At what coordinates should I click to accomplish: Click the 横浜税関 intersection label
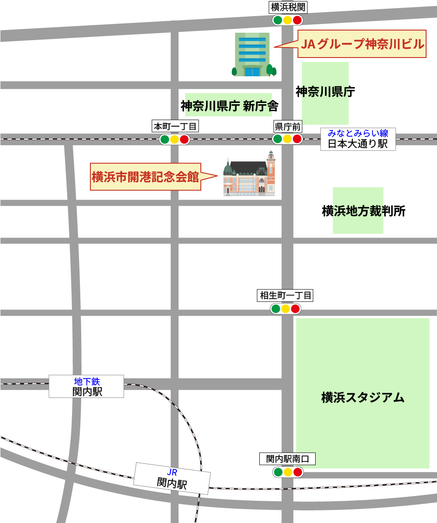(x=287, y=7)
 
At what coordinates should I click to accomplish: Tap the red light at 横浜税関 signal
(x=297, y=20)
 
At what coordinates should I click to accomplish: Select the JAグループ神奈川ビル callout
(x=362, y=44)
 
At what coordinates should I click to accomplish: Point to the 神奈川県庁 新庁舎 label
(x=229, y=106)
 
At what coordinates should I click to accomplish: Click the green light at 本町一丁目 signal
(x=165, y=139)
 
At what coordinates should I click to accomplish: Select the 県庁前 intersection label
(x=287, y=127)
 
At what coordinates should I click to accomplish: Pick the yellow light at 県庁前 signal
(x=287, y=139)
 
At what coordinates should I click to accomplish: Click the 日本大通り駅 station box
(x=358, y=139)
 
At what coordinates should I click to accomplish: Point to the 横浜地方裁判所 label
(x=364, y=211)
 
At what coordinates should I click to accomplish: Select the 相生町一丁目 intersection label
(x=286, y=295)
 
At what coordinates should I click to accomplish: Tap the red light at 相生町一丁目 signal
(x=296, y=309)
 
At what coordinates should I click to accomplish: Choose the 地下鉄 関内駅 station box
(x=86, y=386)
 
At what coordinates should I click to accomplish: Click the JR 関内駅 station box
(x=172, y=479)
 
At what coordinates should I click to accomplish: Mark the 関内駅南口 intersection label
(x=287, y=459)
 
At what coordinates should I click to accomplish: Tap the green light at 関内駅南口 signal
(x=278, y=472)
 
